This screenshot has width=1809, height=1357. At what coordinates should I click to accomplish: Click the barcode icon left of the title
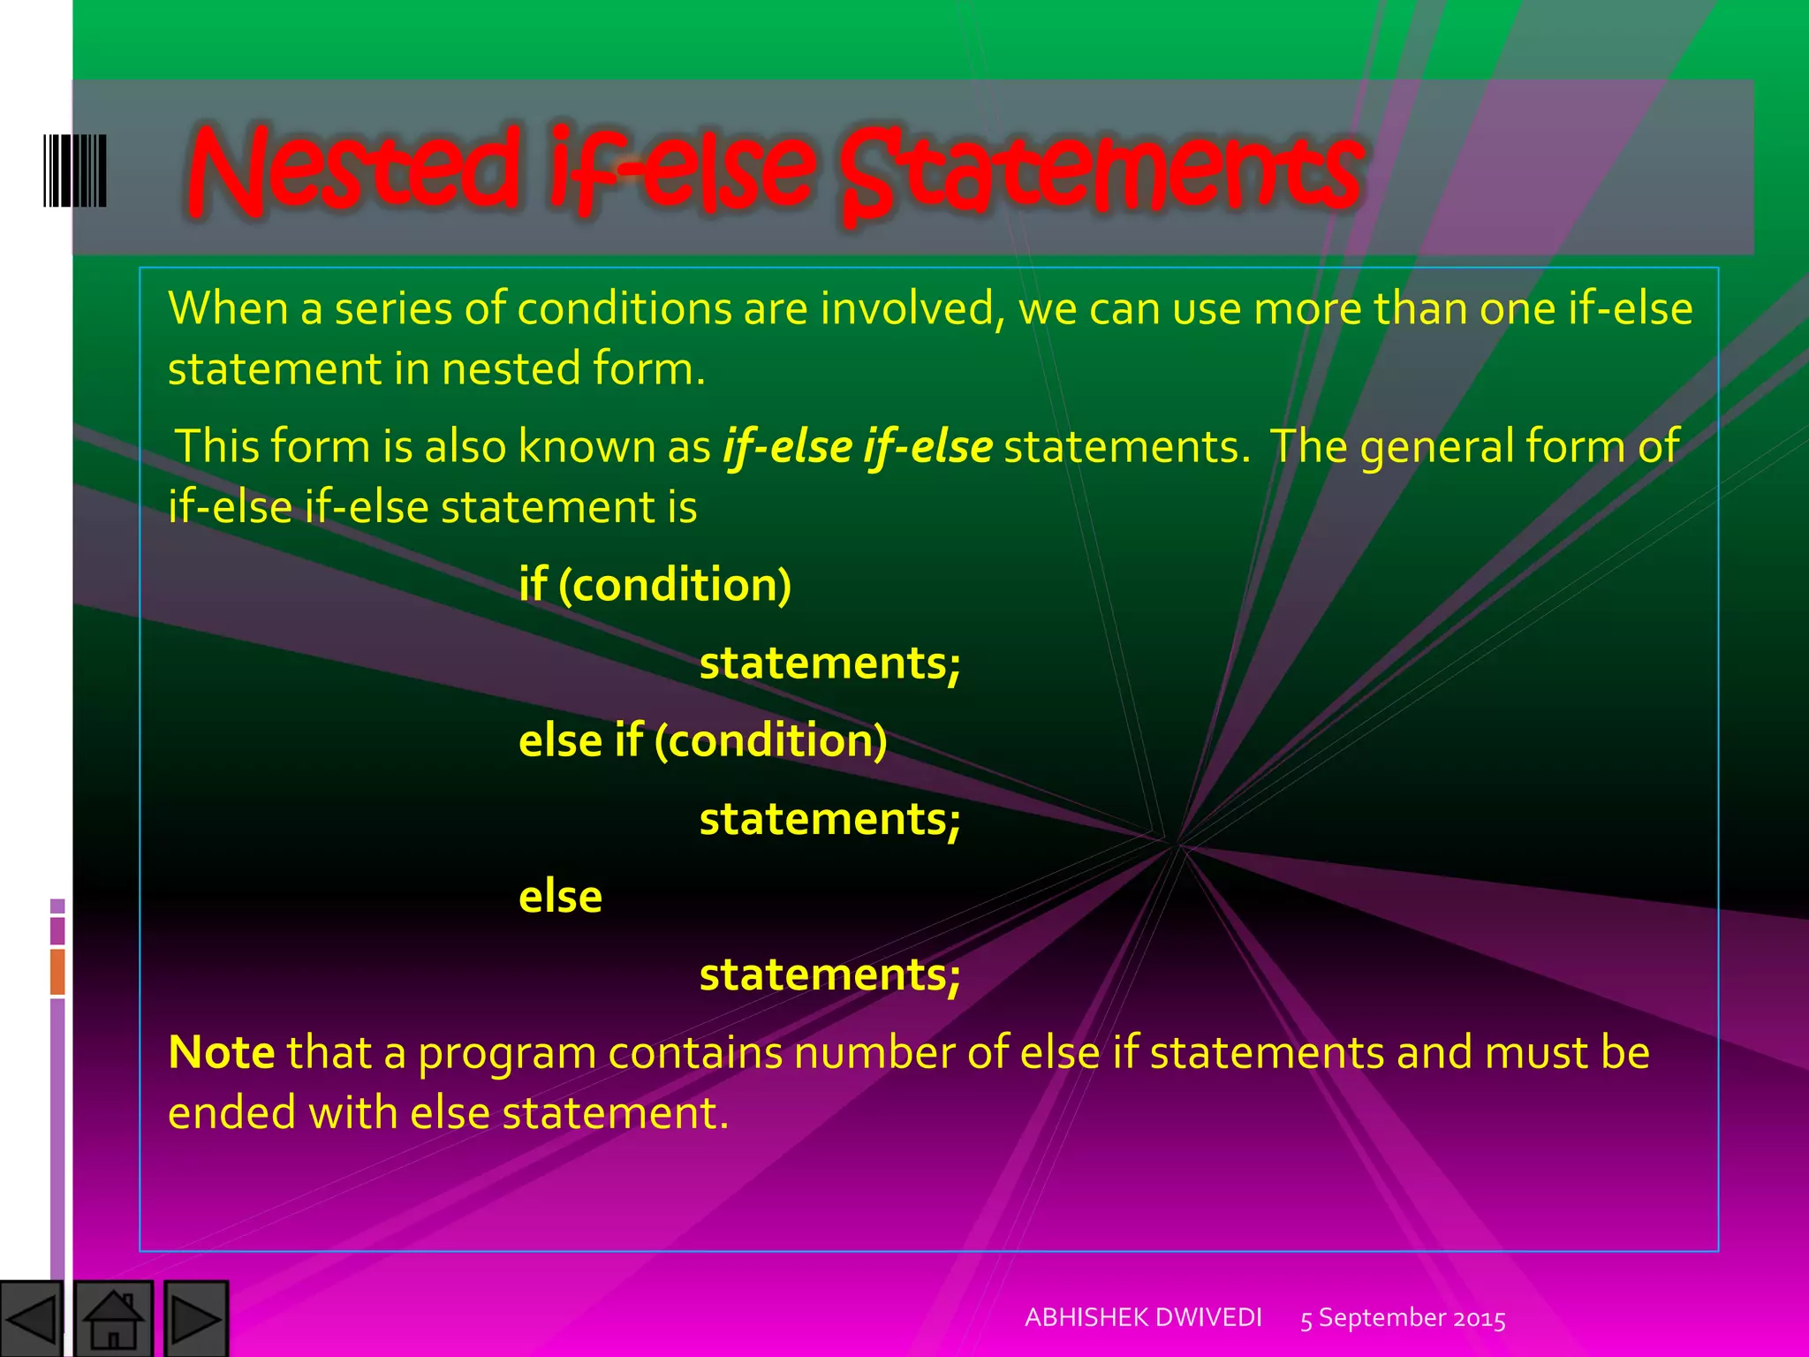coord(75,170)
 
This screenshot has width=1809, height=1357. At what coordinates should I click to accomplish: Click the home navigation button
coord(113,1319)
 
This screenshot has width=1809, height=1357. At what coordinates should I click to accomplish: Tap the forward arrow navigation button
coord(195,1319)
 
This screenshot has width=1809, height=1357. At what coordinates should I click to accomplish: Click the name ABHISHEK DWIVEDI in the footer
coord(1143,1317)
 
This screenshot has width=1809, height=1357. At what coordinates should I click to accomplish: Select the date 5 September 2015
coord(1403,1318)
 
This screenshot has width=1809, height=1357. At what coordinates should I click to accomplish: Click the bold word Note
coord(221,1052)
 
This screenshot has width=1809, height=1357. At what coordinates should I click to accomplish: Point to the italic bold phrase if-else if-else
coord(857,446)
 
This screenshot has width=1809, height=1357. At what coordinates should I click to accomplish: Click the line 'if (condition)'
coord(655,585)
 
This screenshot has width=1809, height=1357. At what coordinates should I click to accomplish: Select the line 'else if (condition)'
coord(702,740)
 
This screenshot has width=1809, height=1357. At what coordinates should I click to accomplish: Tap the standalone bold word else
coord(560,897)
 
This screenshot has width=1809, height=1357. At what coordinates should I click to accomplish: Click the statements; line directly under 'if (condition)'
coord(829,663)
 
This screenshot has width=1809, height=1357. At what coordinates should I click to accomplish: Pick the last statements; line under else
coord(829,974)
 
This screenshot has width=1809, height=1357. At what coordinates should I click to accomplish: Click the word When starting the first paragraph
coord(227,309)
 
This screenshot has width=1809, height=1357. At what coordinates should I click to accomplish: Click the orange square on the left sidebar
coord(57,971)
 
